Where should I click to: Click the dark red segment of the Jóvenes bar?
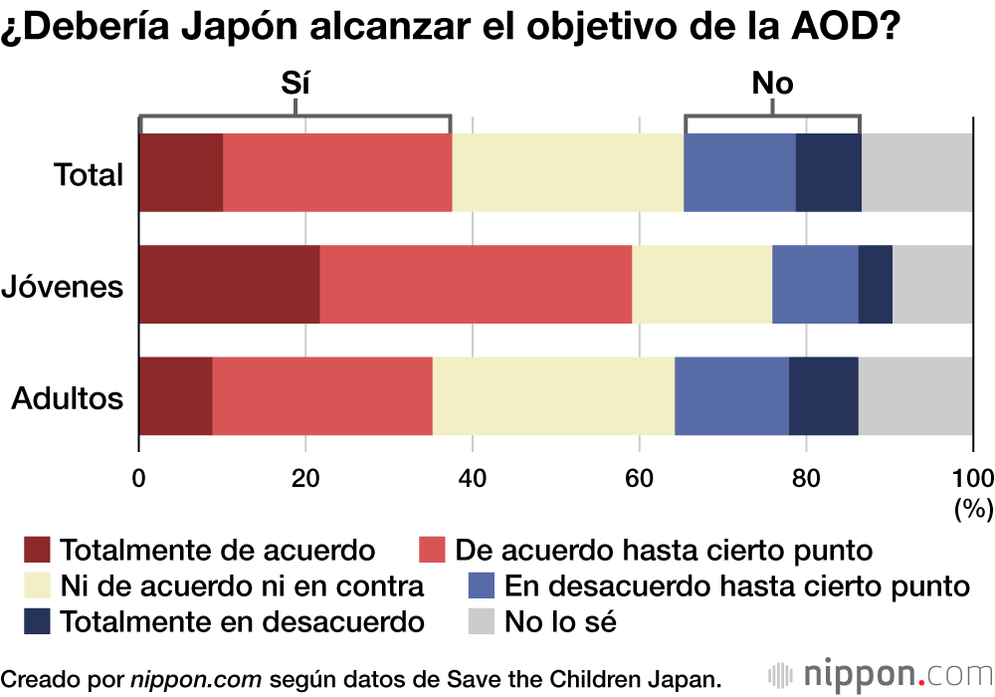click(x=229, y=284)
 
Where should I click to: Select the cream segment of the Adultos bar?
click(x=553, y=395)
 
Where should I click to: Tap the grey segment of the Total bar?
click(x=916, y=172)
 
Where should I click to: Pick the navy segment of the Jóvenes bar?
click(x=875, y=284)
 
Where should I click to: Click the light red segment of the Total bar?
click(x=337, y=172)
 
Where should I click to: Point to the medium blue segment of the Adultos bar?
click(x=731, y=395)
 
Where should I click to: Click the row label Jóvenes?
click(x=63, y=287)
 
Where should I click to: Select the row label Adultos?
click(x=67, y=398)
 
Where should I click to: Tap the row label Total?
click(x=89, y=175)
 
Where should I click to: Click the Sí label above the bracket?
click(x=296, y=84)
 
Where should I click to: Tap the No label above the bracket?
click(x=772, y=84)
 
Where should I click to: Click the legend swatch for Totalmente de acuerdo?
click(x=37, y=550)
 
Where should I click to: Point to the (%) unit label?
click(x=973, y=509)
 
